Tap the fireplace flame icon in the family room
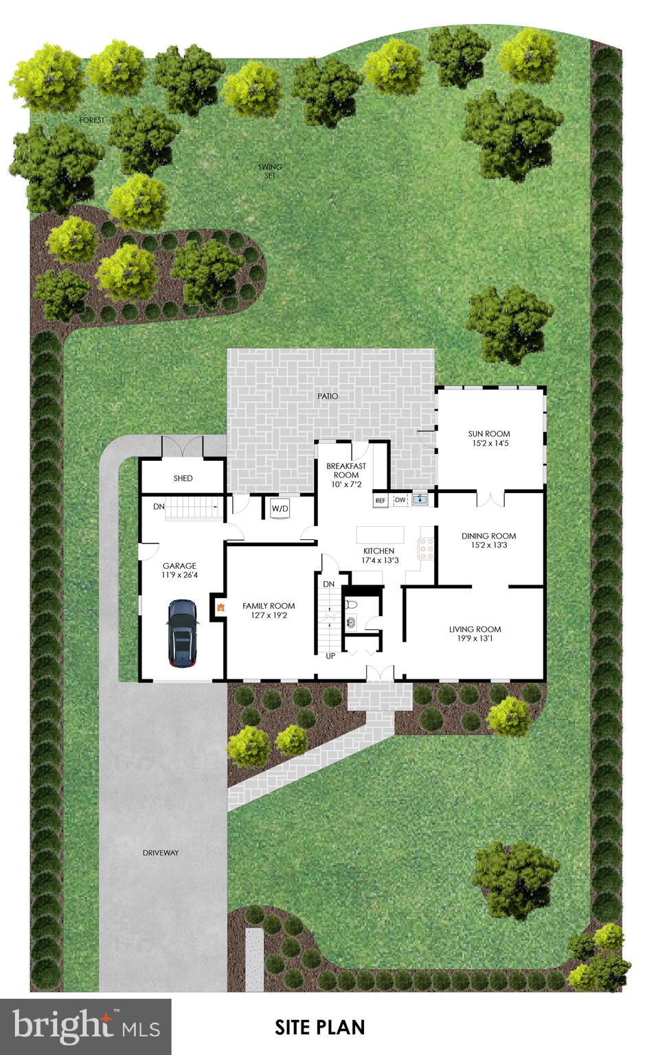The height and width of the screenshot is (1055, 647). (220, 606)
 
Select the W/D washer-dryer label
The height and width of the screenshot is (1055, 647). (280, 509)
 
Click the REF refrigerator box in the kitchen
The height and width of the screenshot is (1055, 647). (381, 501)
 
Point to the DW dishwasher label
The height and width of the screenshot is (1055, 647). (400, 500)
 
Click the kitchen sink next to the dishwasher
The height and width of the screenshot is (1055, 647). (420, 499)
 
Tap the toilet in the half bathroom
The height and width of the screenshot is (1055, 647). (352, 605)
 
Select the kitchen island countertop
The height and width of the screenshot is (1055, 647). (380, 534)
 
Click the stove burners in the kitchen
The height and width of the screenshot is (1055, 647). (427, 548)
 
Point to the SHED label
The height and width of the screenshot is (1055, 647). (183, 478)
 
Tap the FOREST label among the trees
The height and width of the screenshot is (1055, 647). (92, 120)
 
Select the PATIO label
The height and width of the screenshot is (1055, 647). (328, 396)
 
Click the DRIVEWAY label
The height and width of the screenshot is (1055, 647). (161, 853)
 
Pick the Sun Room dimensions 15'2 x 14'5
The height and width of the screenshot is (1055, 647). (489, 444)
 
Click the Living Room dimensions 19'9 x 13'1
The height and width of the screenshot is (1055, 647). (475, 639)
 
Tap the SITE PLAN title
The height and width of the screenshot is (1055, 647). (320, 1028)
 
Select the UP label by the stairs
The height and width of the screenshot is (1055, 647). (330, 656)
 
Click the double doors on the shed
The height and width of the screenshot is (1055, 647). (183, 446)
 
